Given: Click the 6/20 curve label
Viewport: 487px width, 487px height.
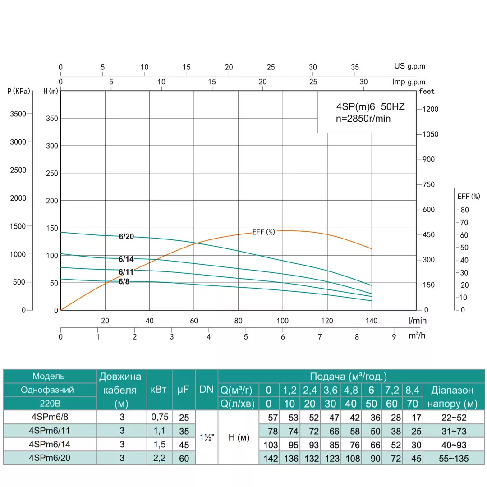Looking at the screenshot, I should [127, 236].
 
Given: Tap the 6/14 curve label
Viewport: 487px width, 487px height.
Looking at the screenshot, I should [127, 259].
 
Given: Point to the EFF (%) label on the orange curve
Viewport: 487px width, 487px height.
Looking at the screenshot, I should [263, 232].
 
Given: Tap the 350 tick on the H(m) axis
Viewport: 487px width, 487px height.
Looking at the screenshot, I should [52, 119].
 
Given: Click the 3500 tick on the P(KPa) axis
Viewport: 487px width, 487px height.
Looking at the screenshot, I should [18, 114].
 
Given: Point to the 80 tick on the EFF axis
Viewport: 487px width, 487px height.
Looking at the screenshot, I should [464, 210].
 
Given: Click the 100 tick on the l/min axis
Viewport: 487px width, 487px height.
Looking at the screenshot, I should [283, 321].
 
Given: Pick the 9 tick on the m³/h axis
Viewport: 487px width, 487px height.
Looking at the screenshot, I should [394, 337].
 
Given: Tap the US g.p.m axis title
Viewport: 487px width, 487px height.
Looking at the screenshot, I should [409, 66].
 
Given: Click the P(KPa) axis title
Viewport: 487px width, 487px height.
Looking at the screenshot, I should [18, 92].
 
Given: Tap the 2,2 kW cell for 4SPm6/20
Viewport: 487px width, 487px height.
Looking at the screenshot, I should [159, 458].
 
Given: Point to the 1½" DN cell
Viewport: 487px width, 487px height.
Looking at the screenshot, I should [206, 437].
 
